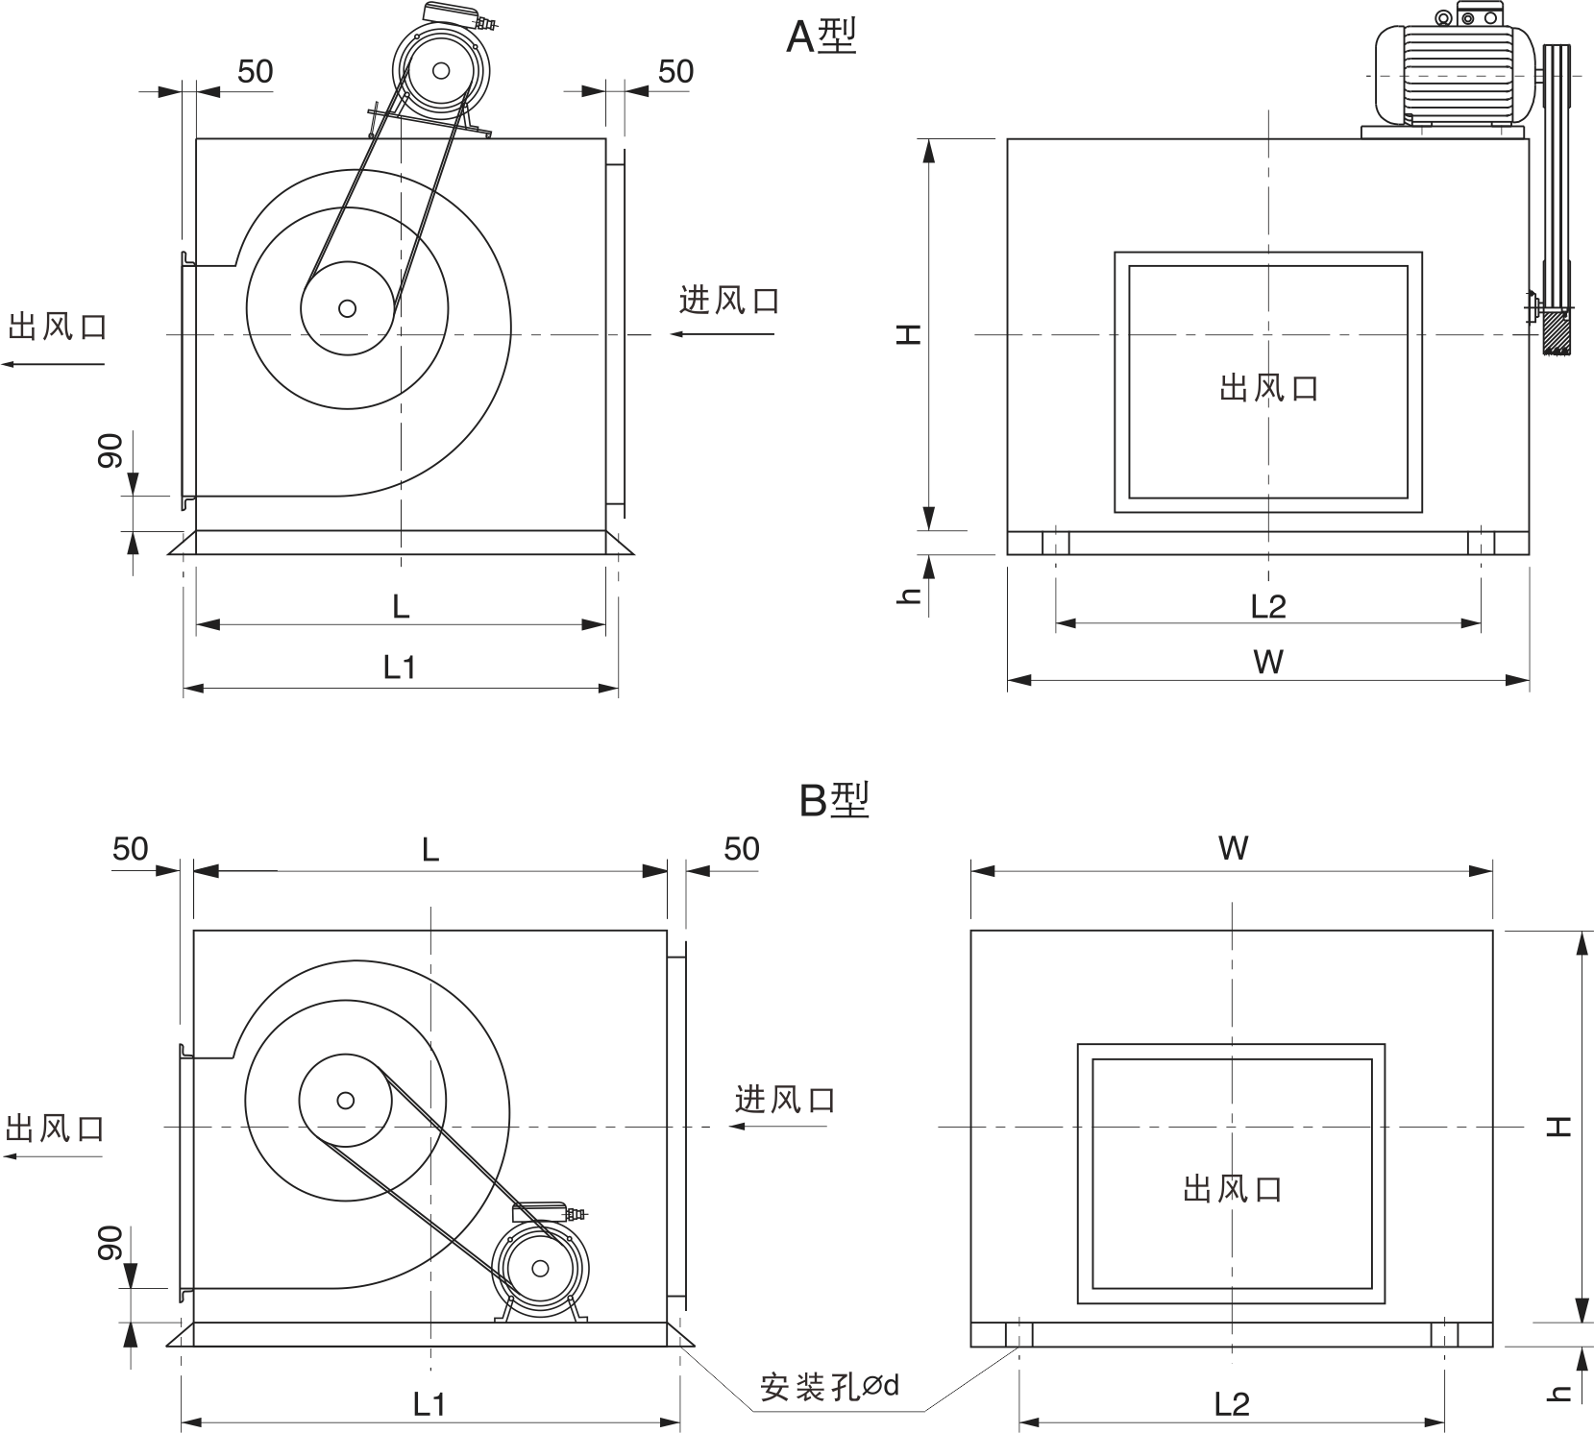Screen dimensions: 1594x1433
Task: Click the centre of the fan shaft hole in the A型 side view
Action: click(x=347, y=308)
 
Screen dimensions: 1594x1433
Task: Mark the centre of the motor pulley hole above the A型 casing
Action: click(x=441, y=70)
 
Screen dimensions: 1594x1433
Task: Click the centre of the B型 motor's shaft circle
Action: click(x=540, y=1269)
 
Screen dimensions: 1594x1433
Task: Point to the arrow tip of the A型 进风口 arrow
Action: click(x=671, y=334)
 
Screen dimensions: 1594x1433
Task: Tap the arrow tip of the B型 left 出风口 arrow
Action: click(x=3, y=1156)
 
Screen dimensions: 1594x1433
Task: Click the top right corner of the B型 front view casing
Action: click(x=1493, y=931)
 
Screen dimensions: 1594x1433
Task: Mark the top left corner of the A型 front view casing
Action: click(x=1008, y=139)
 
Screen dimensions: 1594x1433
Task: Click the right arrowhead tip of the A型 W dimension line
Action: click(x=1530, y=680)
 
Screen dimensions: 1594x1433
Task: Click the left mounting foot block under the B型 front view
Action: click(x=1018, y=1335)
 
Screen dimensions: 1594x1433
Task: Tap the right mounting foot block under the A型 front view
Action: click(x=1482, y=543)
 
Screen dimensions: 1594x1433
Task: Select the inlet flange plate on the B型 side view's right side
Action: click(x=677, y=1125)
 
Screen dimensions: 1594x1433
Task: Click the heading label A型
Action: click(x=822, y=36)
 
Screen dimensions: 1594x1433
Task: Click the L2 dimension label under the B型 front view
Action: click(x=1231, y=1405)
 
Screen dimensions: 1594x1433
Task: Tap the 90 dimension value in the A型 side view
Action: click(x=110, y=450)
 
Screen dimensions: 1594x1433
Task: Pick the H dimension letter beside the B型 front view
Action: click(x=1558, y=1126)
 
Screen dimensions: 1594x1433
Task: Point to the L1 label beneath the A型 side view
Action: click(x=400, y=667)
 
